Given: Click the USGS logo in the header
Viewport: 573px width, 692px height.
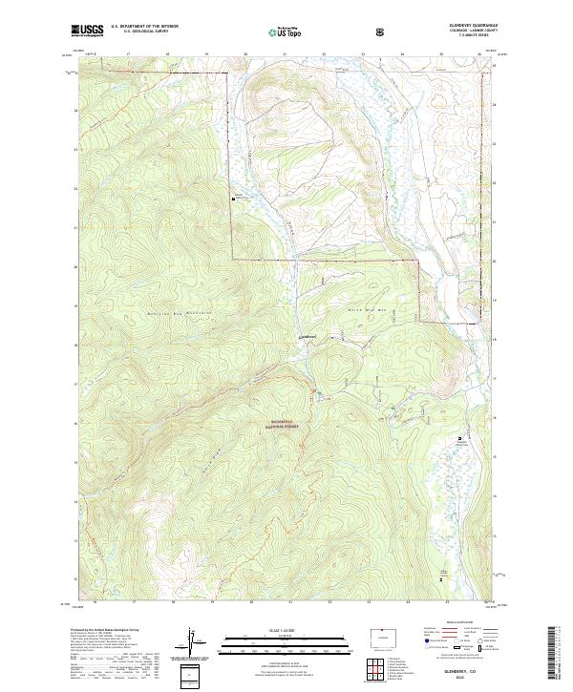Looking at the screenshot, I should click(x=88, y=31).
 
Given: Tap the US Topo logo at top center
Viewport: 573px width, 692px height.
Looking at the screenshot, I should click(x=286, y=31).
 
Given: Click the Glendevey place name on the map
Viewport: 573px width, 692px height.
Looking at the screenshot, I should click(x=308, y=336).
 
